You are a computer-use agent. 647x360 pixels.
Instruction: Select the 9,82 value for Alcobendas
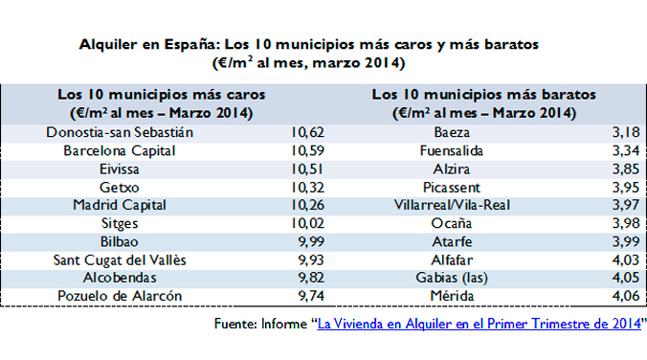point(314,278)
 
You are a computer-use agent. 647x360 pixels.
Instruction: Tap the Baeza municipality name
point(453,132)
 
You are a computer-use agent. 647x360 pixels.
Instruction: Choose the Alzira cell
point(453,169)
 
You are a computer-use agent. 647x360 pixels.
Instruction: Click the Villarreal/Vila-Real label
point(453,205)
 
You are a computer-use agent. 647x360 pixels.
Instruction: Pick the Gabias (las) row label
point(453,278)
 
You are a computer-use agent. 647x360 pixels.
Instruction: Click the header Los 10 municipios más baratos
point(483,95)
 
